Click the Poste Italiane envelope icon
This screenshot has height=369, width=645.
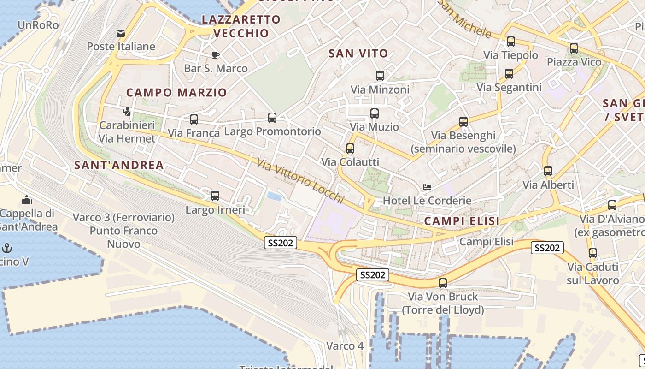point(121,33)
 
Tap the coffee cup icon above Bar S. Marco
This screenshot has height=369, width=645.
point(215,55)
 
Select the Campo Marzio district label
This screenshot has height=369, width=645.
point(176,92)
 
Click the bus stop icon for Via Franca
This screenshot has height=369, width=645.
point(194,119)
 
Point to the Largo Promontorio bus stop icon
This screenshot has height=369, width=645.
point(272,118)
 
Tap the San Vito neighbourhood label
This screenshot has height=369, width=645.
point(358,54)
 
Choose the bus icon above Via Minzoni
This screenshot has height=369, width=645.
point(380,76)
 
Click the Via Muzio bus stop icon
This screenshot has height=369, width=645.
point(375,113)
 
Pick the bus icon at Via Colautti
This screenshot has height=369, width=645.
point(350,149)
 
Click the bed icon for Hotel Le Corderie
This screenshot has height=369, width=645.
point(427,187)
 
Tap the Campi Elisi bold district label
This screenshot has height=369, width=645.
point(462,221)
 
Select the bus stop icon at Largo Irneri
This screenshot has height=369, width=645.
point(215,196)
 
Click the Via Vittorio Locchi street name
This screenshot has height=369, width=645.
point(300,181)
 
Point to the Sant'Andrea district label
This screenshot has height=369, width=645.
point(119,165)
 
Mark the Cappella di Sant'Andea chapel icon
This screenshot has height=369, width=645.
point(27,200)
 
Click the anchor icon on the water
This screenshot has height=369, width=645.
point(7,248)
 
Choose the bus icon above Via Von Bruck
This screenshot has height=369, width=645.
point(443,283)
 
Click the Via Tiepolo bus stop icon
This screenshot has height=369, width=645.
point(511,42)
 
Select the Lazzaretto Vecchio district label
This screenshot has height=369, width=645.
point(241,26)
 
